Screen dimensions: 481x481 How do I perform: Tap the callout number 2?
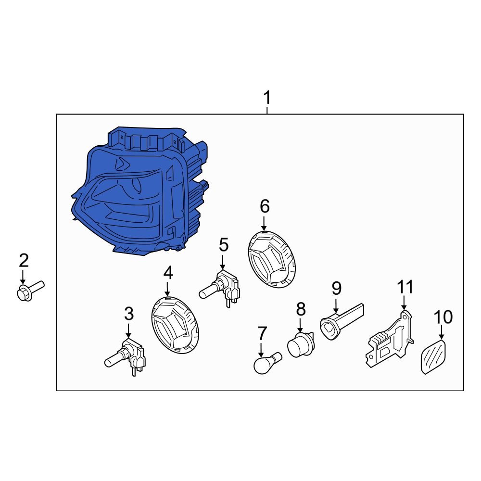point(24,261)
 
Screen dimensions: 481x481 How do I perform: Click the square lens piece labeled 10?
point(433,356)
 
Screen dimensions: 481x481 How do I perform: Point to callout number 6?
point(265,207)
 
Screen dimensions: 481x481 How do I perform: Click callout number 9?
point(336,289)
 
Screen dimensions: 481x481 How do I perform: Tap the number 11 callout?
point(405,288)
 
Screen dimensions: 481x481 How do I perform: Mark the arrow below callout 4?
point(167,289)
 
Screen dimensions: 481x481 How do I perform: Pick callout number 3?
point(128,314)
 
